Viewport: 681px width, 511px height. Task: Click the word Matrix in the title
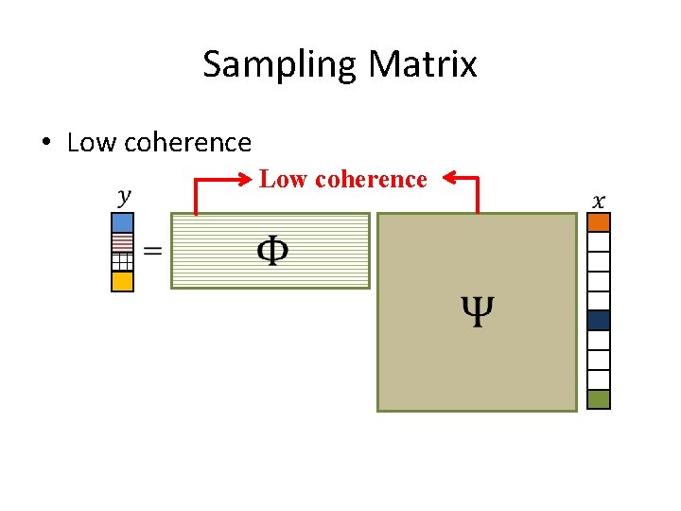pyautogui.click(x=423, y=64)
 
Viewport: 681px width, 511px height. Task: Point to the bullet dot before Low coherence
pyautogui.click(x=45, y=143)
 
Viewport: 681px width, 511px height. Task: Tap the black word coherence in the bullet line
pyautogui.click(x=187, y=143)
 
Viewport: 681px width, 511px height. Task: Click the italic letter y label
pyautogui.click(x=124, y=197)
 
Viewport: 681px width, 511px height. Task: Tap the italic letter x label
pyautogui.click(x=598, y=201)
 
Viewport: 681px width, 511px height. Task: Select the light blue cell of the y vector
pyautogui.click(x=123, y=223)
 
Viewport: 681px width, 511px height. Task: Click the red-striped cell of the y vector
pyautogui.click(x=123, y=242)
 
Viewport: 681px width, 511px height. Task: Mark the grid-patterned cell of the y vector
pyautogui.click(x=123, y=262)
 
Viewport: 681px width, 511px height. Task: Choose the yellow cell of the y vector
pyautogui.click(x=123, y=281)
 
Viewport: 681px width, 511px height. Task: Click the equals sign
pyautogui.click(x=151, y=251)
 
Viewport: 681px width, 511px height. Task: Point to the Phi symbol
pyautogui.click(x=272, y=251)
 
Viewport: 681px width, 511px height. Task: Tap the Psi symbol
pyautogui.click(x=478, y=309)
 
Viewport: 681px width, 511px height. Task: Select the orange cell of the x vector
pyautogui.click(x=599, y=222)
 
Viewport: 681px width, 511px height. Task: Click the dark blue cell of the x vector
pyautogui.click(x=599, y=320)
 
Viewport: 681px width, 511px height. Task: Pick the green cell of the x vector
pyautogui.click(x=599, y=398)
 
